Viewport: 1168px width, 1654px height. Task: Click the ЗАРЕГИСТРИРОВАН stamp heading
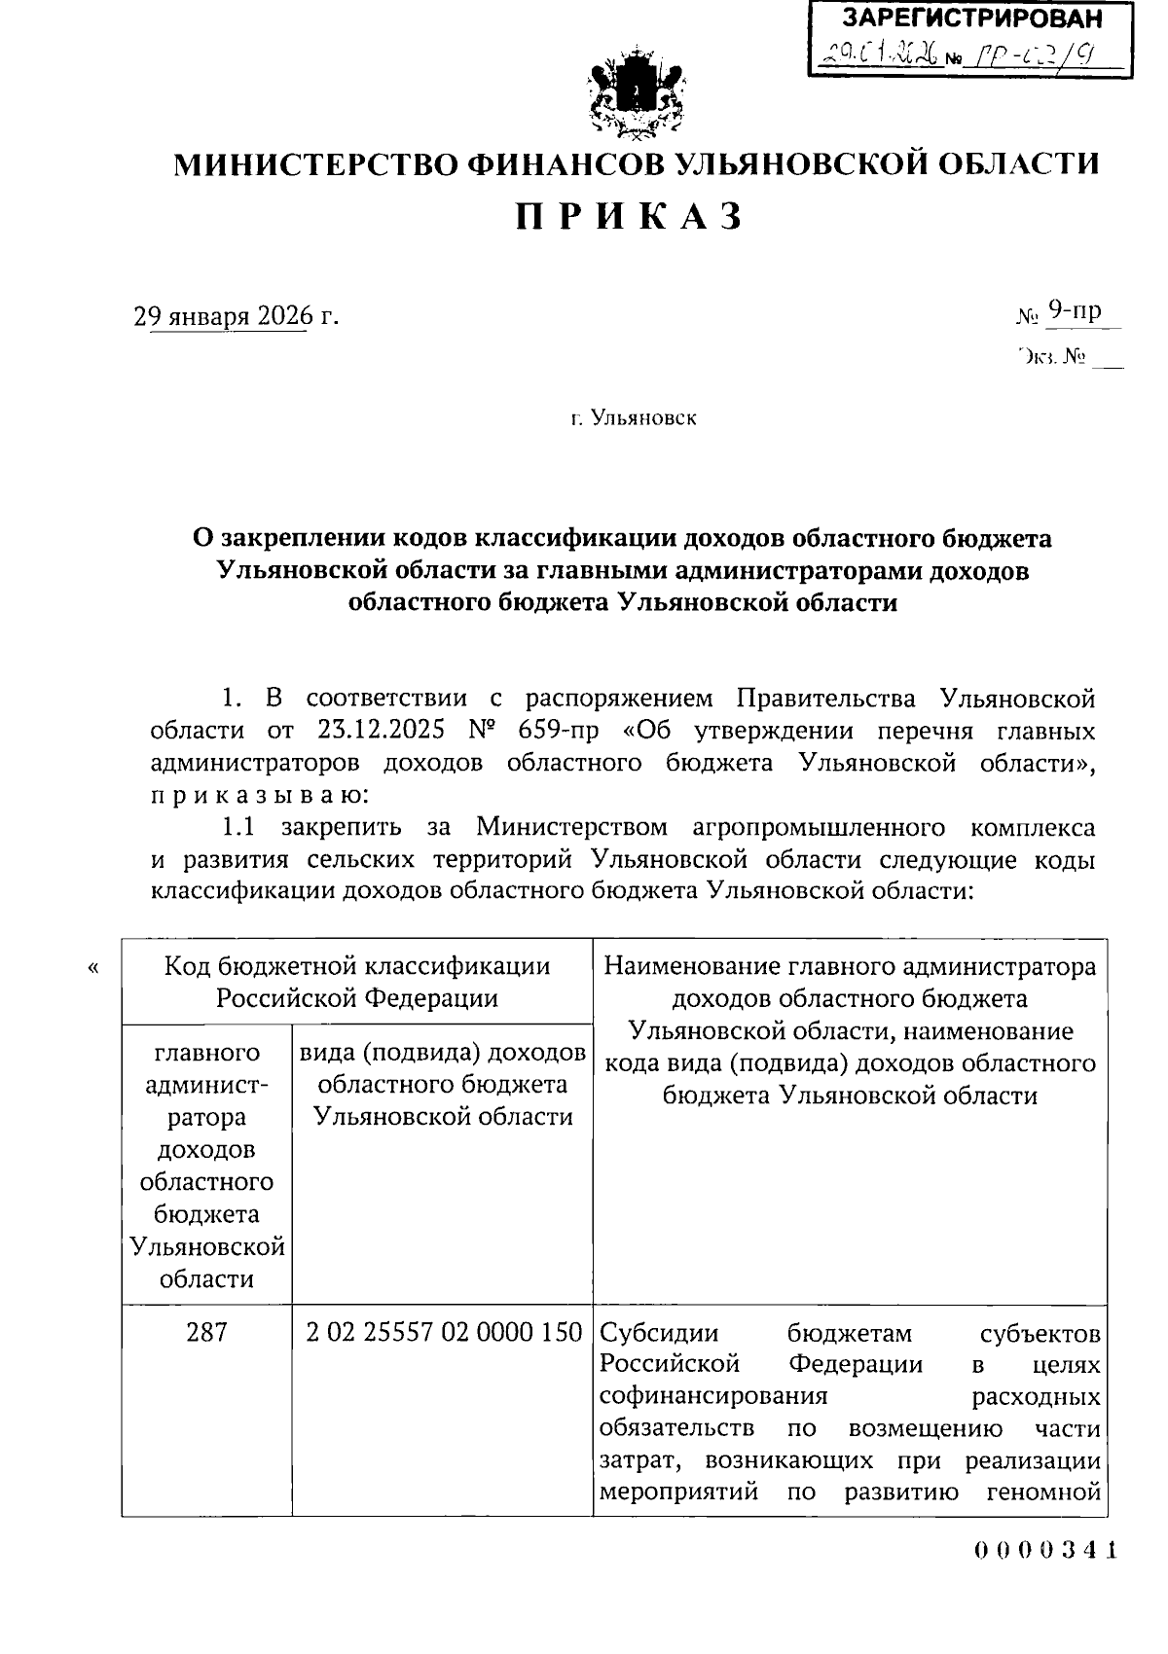click(x=972, y=18)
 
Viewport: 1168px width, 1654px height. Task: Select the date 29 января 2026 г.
click(x=237, y=316)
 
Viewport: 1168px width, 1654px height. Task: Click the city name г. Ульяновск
click(x=634, y=418)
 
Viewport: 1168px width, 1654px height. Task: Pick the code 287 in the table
click(x=206, y=1331)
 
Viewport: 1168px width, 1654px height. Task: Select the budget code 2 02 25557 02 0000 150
click(x=443, y=1331)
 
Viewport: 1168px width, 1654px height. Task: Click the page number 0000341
click(x=1045, y=1551)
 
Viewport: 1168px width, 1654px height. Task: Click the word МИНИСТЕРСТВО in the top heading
click(x=317, y=163)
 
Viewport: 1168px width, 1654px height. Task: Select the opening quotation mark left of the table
click(x=93, y=968)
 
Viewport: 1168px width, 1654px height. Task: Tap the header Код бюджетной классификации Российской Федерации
click(x=356, y=982)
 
